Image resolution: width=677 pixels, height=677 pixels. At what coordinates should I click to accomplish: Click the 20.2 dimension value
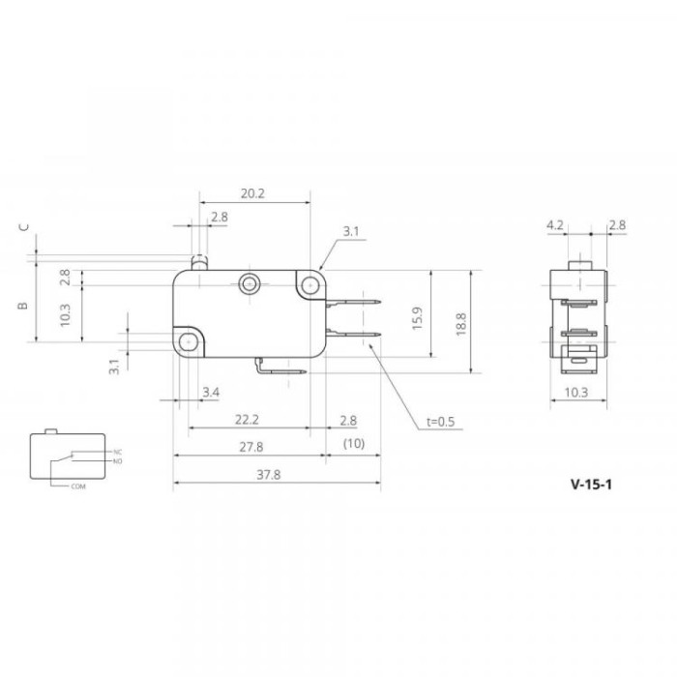tap(252, 193)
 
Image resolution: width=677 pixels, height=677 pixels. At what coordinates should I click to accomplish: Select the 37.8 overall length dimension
tap(269, 475)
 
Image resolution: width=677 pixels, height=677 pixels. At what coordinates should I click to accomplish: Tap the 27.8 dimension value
tap(251, 447)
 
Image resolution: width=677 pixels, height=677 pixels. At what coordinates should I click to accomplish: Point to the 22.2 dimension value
tap(247, 419)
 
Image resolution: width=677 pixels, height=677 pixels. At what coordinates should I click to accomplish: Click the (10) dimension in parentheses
tap(354, 443)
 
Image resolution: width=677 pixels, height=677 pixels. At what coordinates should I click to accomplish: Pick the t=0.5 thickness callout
tap(440, 422)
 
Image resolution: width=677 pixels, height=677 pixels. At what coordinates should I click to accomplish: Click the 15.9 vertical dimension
tap(417, 318)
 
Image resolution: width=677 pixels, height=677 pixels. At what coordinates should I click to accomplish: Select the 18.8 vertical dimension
tap(460, 324)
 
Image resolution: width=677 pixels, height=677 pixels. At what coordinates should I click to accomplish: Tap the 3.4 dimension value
tap(211, 392)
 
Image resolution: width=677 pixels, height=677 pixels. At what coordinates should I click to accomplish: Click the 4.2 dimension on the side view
tap(555, 225)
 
